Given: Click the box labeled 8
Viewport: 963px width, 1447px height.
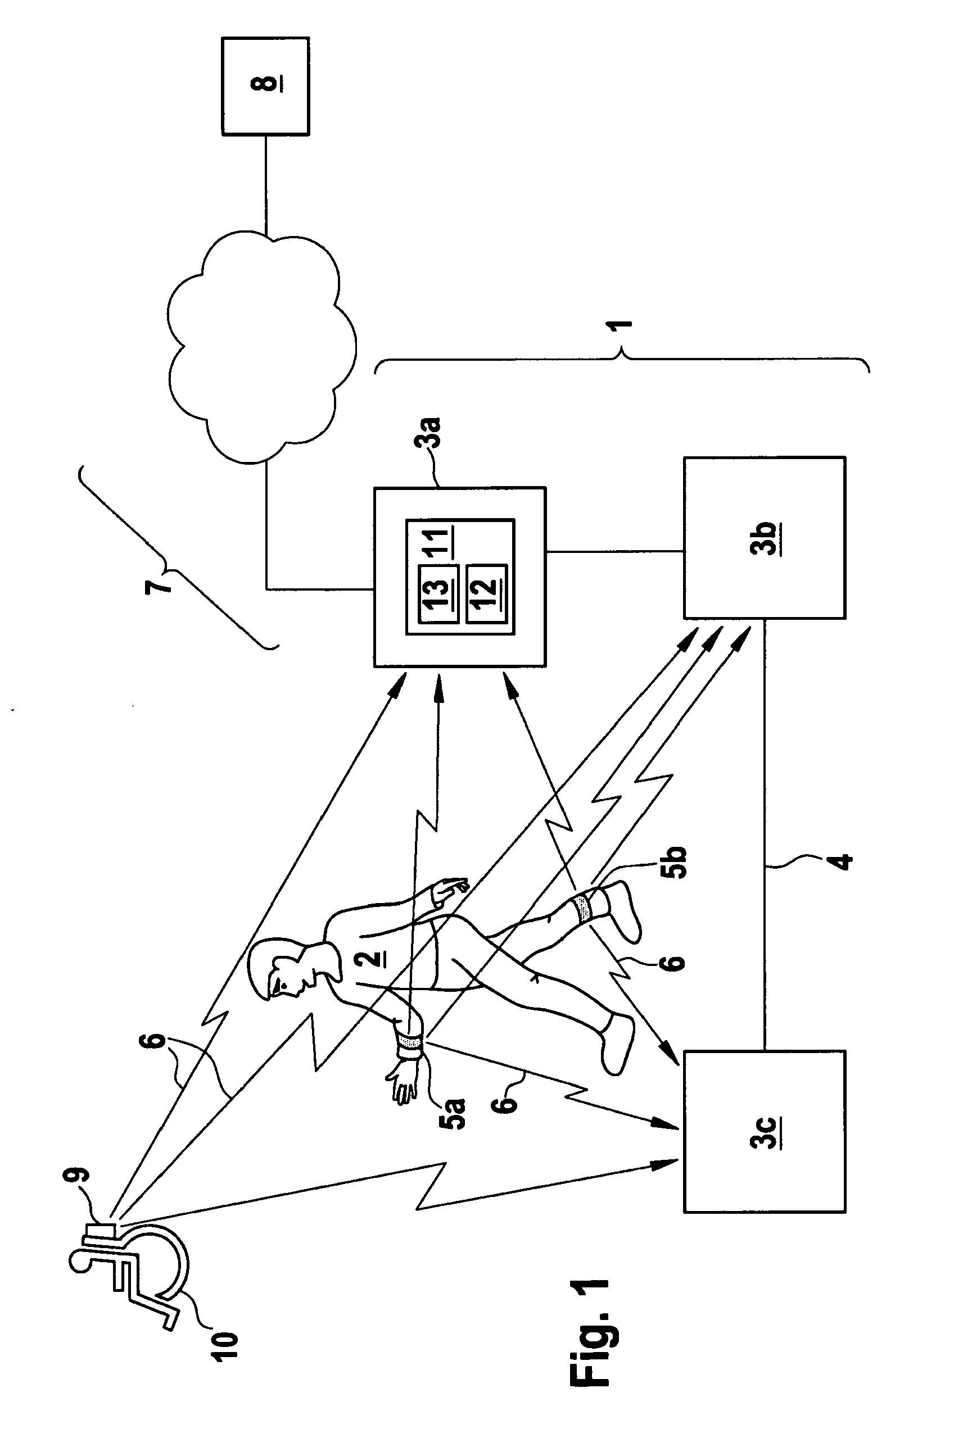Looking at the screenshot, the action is pos(265,87).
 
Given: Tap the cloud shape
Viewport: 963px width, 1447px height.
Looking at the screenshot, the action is pos(261,347).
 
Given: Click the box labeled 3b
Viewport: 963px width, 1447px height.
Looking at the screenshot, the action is pos(765,537).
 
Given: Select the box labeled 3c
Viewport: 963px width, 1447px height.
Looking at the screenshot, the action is pos(765,1131).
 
